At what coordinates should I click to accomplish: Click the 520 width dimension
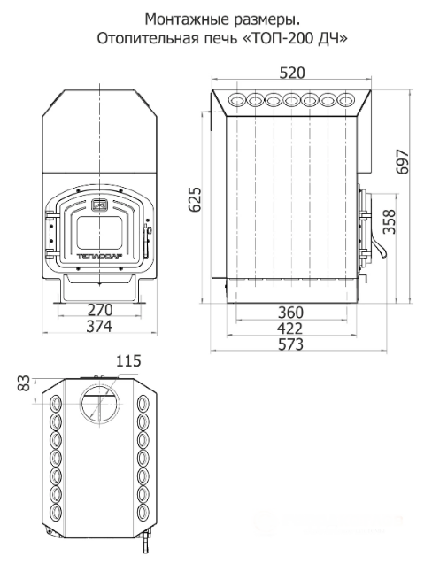pos(292,73)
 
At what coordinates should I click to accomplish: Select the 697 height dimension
pos(403,162)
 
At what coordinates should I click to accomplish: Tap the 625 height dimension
pos(196,199)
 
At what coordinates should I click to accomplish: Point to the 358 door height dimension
pos(390,221)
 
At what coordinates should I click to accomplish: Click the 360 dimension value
pos(290,313)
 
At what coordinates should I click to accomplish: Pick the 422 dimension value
pos(290,329)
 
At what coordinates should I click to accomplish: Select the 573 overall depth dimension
pos(290,344)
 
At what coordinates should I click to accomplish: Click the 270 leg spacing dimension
pos(100,310)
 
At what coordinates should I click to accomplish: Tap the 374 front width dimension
pos(99,326)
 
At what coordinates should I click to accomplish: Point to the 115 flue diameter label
pos(128,360)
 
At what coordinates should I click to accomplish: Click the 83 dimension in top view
pos(24,383)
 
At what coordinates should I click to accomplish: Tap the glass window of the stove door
pos(99,232)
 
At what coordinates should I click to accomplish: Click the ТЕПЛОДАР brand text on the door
pos(100,256)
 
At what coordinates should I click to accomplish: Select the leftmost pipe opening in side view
pos(236,99)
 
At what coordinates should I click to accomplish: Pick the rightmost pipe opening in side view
pos(346,99)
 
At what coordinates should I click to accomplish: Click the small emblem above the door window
pos(99,205)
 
